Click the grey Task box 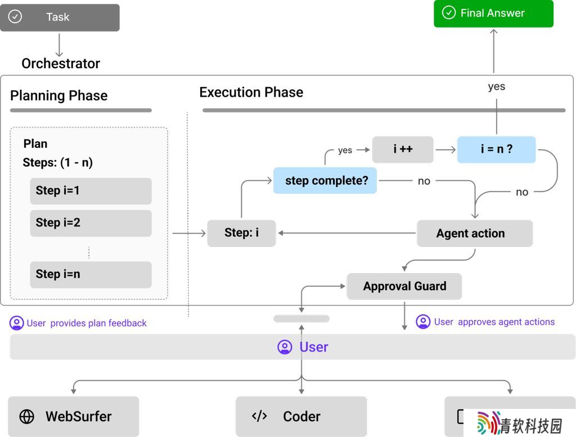60,17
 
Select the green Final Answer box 493,13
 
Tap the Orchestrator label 61,64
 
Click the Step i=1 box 91,191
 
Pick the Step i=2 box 91,223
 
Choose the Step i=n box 91,274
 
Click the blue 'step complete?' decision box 325,181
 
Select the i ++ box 403,150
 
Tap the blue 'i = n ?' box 496,150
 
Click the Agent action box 475,233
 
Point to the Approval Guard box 404,286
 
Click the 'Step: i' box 241,233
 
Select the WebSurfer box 74,416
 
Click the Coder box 301,416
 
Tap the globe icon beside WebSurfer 27,417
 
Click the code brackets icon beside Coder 259,416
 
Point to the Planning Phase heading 58,96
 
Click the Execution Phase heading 251,92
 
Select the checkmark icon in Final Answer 448,12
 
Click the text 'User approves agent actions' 494,322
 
